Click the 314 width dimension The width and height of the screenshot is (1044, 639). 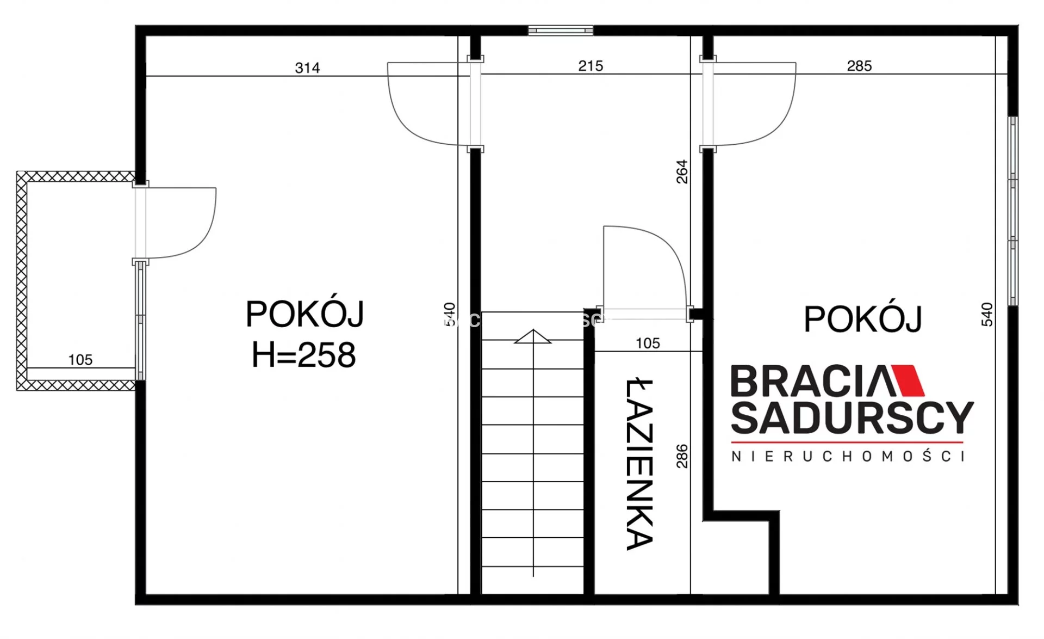307,68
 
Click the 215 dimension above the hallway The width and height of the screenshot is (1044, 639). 591,66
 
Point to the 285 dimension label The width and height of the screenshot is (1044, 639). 859,66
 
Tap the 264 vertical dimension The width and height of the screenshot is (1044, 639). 682,171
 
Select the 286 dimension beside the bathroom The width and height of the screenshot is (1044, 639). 682,456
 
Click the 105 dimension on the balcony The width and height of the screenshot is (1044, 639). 80,360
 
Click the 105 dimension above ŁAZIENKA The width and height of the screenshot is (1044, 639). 648,343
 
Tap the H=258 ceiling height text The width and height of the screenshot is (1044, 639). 303,355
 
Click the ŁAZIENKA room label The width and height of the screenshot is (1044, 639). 639,464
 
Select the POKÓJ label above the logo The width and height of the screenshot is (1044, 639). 863,319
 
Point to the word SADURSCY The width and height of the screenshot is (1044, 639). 852,418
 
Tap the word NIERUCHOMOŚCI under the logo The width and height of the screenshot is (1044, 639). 848,456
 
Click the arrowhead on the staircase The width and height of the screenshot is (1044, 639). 533,336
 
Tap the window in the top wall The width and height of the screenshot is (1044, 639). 561,30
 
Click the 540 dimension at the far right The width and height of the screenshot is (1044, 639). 987,315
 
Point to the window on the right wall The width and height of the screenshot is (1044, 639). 1013,211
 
